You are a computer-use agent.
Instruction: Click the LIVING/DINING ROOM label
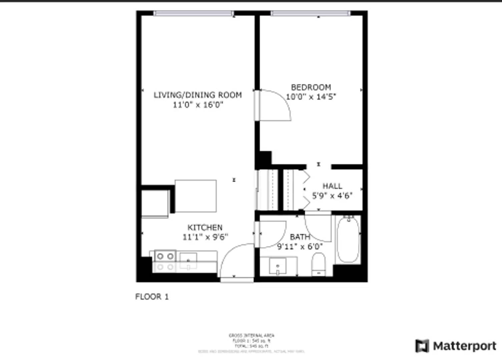(197, 95)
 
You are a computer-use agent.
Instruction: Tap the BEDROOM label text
(311, 87)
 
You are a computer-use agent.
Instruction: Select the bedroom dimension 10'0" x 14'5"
(311, 97)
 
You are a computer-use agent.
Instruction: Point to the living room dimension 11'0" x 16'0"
(197, 105)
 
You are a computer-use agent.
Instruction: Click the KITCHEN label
(205, 228)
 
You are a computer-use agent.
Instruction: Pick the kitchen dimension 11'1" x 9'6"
(205, 237)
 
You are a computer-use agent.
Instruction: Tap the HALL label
(332, 186)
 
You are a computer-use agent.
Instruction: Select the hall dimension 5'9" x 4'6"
(332, 196)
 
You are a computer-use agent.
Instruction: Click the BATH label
(300, 237)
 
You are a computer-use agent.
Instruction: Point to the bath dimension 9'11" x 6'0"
(300, 247)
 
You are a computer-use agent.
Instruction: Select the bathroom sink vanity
(278, 266)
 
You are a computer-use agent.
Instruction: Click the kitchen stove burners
(165, 261)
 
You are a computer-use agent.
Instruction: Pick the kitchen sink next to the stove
(188, 261)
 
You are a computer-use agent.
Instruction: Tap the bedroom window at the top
(311, 13)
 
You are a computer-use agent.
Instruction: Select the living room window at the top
(193, 13)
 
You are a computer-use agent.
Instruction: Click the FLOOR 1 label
(152, 297)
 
